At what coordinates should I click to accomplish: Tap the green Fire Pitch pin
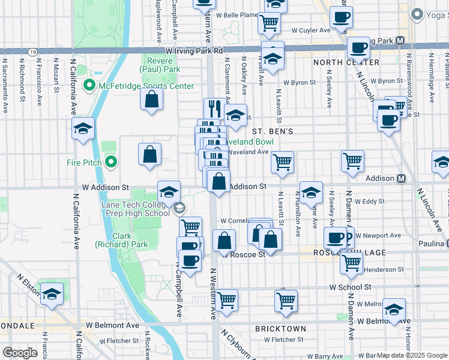click(x=111, y=162)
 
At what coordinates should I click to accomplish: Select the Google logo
click(x=20, y=352)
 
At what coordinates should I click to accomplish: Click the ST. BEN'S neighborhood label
click(x=272, y=131)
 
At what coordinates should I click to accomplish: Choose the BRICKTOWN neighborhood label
click(x=280, y=329)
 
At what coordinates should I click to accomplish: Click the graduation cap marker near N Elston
click(x=52, y=294)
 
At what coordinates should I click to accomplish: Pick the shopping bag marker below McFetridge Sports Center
click(x=152, y=99)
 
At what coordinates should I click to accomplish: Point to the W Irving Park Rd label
click(x=194, y=52)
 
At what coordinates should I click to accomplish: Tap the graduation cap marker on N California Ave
click(x=83, y=127)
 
